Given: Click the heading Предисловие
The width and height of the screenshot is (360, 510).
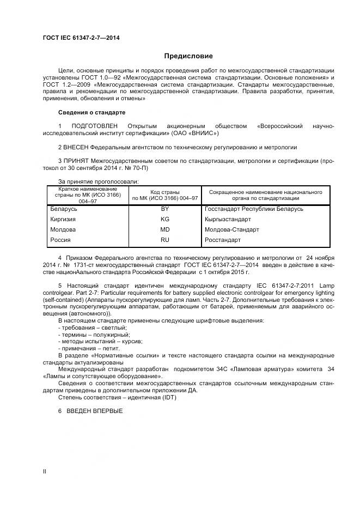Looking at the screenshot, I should (188, 56).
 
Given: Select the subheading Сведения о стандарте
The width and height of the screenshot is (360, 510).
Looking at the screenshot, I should (91, 112).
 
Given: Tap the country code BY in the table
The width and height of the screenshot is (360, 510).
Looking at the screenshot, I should (165, 209).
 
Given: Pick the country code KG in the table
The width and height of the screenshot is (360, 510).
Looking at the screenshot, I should (165, 219).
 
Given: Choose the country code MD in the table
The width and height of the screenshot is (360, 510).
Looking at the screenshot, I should (165, 229).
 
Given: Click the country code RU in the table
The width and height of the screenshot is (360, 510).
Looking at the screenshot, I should (165, 240).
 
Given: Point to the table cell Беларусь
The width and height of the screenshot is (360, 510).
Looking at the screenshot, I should (64, 209).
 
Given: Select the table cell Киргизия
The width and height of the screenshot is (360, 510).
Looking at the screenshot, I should (64, 219).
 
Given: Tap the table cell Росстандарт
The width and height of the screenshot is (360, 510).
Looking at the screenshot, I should (222, 240).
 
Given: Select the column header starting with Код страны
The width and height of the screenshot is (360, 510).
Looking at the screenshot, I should (164, 195).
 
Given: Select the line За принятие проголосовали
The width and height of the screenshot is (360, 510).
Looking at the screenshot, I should (99, 181).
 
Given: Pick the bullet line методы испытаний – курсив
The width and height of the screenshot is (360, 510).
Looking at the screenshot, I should (93, 341).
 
